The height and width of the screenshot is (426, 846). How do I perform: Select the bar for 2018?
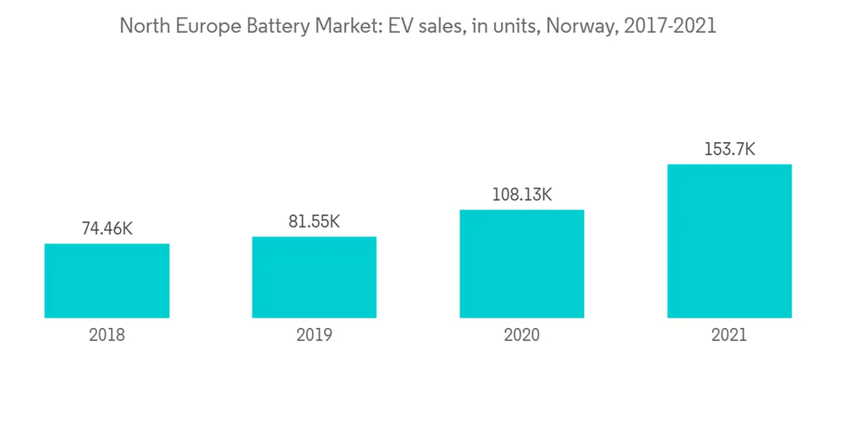[x=107, y=281]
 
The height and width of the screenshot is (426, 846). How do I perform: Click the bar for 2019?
[x=314, y=277]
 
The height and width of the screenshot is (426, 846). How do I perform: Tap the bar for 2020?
[x=522, y=264]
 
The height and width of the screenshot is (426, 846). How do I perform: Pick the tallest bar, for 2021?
[x=729, y=241]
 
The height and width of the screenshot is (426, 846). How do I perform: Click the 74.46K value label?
[x=107, y=228]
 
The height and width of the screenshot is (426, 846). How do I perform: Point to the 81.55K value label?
[x=314, y=221]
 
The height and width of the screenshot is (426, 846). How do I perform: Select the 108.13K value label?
[x=522, y=195]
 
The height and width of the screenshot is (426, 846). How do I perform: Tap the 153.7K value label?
[x=729, y=150]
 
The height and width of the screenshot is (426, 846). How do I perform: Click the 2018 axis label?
[x=107, y=336]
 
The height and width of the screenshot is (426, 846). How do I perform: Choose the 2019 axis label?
[x=314, y=336]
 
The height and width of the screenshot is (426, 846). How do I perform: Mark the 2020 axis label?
[x=522, y=336]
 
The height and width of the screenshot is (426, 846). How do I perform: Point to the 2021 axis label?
[x=729, y=336]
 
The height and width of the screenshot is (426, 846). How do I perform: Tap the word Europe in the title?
[x=201, y=26]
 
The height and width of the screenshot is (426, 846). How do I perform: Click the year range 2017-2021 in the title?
[x=670, y=26]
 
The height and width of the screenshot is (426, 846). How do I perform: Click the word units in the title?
[x=517, y=26]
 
